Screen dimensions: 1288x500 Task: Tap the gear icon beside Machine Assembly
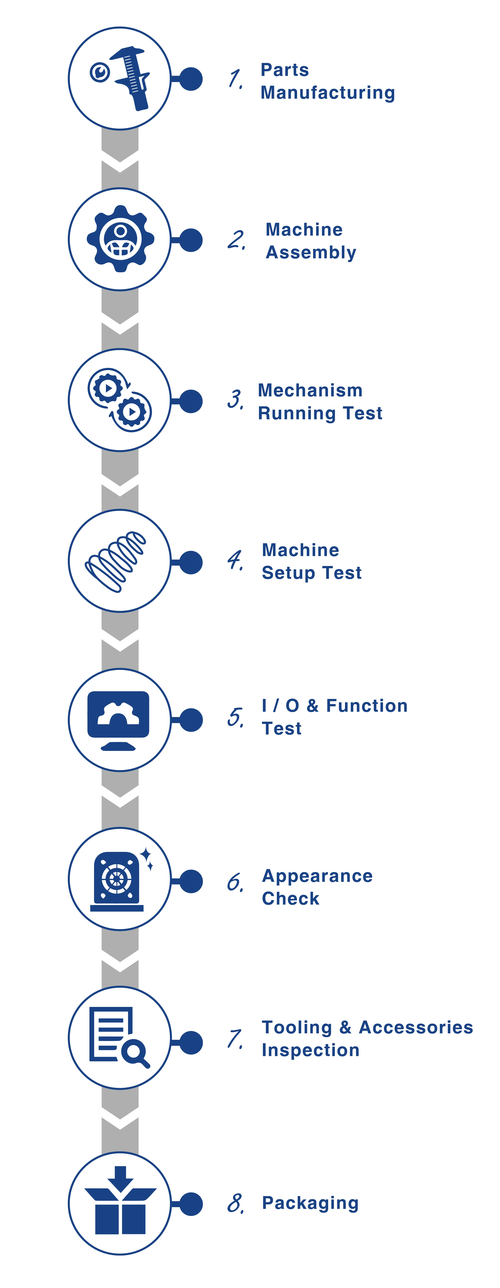120,238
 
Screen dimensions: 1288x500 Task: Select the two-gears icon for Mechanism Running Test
120,400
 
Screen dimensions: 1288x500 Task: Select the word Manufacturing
328,93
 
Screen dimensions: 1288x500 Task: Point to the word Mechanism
310,390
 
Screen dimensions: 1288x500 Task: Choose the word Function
367,706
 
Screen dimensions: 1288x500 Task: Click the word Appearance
317,876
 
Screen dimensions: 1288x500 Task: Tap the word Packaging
310,1203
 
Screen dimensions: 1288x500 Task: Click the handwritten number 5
235,718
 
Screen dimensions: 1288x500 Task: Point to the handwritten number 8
235,1203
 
